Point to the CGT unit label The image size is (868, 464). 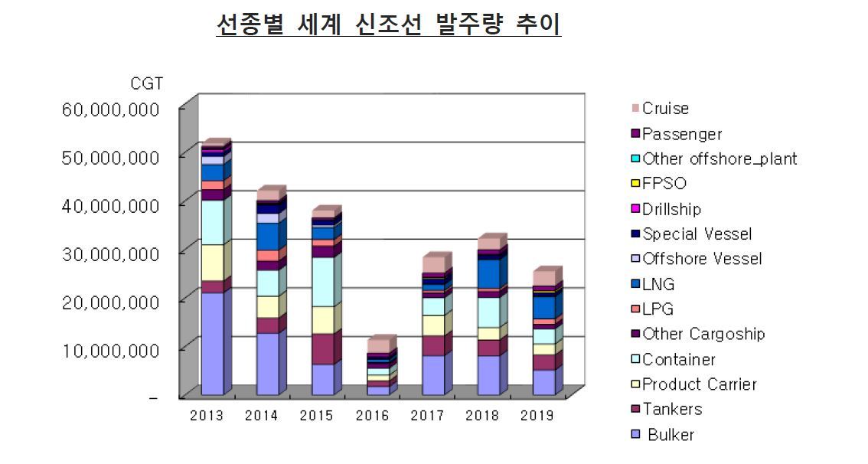click(146, 83)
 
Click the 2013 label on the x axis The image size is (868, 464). click(206, 416)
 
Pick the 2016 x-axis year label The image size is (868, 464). click(372, 416)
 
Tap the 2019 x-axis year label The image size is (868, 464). click(537, 416)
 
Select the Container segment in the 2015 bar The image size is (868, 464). click(322, 282)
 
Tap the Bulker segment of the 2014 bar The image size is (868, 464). click(267, 364)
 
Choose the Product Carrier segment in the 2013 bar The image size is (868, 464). click(212, 263)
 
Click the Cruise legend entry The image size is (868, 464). click(664, 109)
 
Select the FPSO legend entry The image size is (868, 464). click(663, 184)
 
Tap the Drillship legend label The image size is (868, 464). click(671, 209)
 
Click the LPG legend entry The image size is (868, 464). click(658, 309)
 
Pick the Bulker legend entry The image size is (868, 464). click(670, 435)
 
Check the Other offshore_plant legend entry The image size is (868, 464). click(719, 159)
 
